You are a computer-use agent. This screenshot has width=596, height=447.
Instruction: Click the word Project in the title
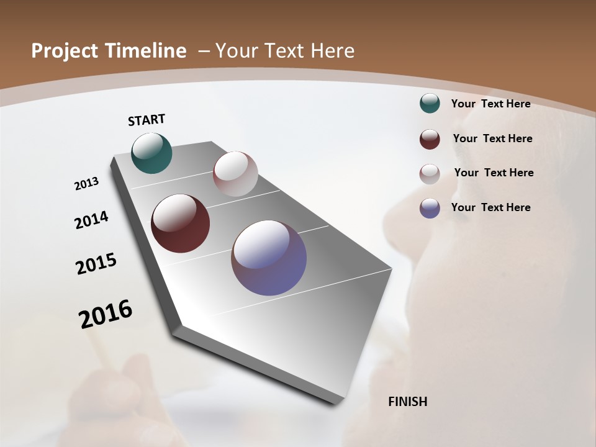tap(61, 51)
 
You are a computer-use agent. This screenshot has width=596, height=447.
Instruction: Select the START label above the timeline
tap(147, 120)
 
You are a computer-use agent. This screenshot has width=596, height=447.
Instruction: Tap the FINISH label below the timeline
tap(407, 402)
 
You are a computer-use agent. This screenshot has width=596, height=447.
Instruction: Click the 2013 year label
tap(86, 184)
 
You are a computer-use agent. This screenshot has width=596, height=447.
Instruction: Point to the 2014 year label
tap(91, 220)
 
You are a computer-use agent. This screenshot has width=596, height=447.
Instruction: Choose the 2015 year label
tap(96, 264)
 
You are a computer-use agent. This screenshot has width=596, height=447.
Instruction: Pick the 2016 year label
tap(106, 314)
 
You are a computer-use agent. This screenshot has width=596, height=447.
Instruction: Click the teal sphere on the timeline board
tap(151, 153)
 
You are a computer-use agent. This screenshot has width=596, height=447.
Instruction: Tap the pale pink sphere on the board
tap(235, 174)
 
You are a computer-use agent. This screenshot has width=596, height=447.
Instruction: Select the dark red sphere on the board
tap(180, 223)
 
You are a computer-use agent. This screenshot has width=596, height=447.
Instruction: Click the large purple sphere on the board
tap(269, 258)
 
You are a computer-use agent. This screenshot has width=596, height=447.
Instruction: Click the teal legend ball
tap(430, 104)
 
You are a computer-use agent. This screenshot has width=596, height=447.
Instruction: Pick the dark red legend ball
tap(430, 139)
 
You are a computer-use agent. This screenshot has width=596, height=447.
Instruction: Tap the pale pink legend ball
tap(430, 174)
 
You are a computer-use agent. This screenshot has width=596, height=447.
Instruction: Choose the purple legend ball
tap(430, 208)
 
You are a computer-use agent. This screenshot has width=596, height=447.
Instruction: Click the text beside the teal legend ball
tap(490, 104)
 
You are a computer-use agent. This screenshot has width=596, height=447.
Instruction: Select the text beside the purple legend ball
tap(490, 207)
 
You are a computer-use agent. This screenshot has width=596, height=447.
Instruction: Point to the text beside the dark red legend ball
tap(492, 138)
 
